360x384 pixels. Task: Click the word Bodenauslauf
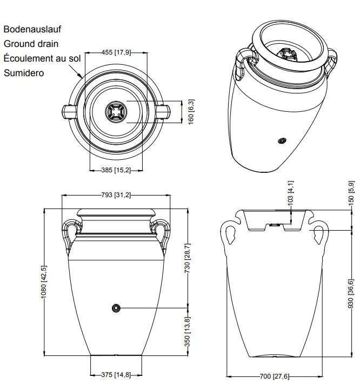click(32, 29)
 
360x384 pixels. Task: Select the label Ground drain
click(31, 44)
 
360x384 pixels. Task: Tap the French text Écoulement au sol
click(42, 58)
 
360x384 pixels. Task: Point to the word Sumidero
click(24, 73)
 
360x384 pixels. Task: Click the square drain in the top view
click(116, 112)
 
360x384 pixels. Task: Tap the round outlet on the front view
click(115, 308)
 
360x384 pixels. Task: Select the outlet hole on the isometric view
click(281, 142)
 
